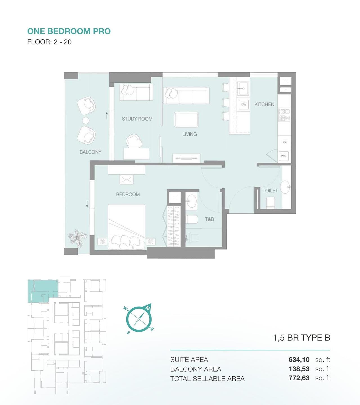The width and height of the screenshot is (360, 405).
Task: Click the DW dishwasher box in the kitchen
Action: (244, 104)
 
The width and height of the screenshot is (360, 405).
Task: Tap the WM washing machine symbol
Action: (284, 156)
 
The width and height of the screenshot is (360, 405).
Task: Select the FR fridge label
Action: (284, 142)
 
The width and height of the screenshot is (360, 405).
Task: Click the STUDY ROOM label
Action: (137, 119)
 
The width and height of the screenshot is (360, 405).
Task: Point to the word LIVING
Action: (190, 134)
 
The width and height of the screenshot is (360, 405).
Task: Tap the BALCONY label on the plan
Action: (90, 152)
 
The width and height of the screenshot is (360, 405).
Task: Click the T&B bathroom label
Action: (209, 219)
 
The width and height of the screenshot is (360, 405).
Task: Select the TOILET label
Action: (270, 191)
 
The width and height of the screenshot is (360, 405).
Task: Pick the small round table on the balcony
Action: (86, 121)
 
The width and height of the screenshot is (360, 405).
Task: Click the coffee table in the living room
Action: (186, 120)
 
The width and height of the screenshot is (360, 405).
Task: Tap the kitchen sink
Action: (243, 88)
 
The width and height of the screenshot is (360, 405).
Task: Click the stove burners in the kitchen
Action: (284, 115)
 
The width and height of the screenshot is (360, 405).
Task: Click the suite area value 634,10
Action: (299, 360)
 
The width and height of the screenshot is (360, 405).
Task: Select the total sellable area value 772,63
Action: (299, 378)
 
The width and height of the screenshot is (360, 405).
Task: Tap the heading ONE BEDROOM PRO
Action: (69, 31)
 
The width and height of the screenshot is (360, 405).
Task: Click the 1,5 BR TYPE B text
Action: (301, 338)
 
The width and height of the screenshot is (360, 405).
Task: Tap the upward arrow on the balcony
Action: (107, 115)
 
